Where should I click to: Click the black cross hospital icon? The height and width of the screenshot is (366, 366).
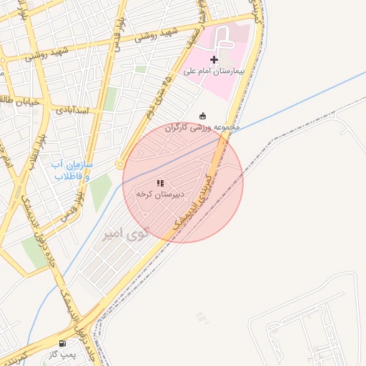[214, 59]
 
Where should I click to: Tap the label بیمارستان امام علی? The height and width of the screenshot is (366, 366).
[214, 71]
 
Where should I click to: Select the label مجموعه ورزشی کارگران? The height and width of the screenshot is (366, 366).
[204, 127]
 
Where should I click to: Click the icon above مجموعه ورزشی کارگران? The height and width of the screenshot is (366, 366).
[204, 116]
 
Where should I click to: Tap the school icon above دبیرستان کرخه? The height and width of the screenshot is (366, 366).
[160, 183]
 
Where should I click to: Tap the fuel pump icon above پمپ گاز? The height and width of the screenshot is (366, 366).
[64, 343]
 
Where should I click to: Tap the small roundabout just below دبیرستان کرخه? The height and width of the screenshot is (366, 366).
[145, 214]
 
